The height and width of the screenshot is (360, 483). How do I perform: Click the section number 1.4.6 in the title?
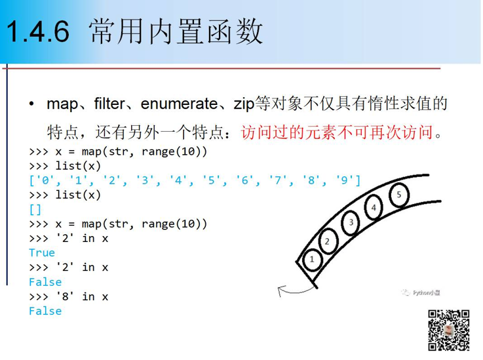point(37,31)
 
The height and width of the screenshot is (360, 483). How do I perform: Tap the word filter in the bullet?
point(109,103)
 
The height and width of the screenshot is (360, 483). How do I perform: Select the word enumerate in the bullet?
point(180,104)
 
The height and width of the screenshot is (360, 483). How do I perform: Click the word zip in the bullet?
point(244,104)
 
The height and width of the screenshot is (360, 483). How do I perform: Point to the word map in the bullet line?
point(62,104)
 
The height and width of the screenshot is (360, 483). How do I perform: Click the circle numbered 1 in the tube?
point(312,260)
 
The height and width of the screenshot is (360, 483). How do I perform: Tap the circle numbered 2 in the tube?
point(327,241)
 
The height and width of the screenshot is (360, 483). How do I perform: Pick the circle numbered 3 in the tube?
point(351,222)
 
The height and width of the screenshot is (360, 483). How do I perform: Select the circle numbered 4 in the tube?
point(374,207)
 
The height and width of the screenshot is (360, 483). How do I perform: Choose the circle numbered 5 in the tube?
point(399,195)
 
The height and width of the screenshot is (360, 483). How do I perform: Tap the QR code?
point(448,330)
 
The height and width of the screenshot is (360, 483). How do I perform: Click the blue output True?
point(42,252)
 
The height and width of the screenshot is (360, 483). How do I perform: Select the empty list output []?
point(35,210)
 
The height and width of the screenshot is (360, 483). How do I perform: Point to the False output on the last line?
point(45,311)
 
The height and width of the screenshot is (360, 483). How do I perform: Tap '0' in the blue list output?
point(45,180)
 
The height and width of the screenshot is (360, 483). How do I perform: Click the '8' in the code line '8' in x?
point(65,296)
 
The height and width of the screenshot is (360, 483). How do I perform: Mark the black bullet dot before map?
point(31,104)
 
